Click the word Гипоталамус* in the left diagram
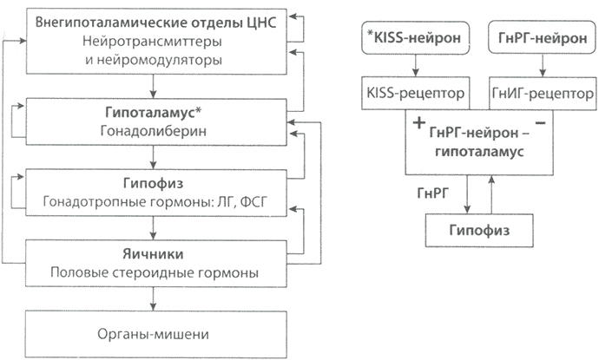tap(154, 113)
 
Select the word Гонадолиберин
tap(153, 132)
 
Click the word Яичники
tap(153, 255)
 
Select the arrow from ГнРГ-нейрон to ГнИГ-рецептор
tap(543, 64)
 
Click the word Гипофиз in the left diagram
tap(153, 184)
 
